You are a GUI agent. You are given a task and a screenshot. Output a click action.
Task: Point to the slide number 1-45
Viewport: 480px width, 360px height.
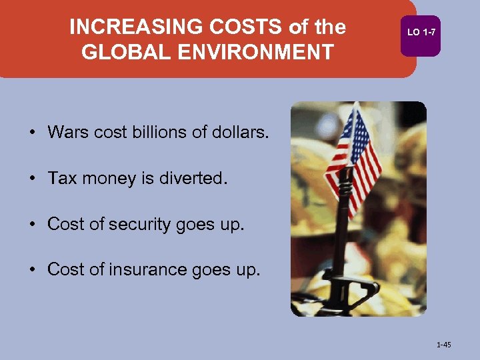click(x=443, y=345)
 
